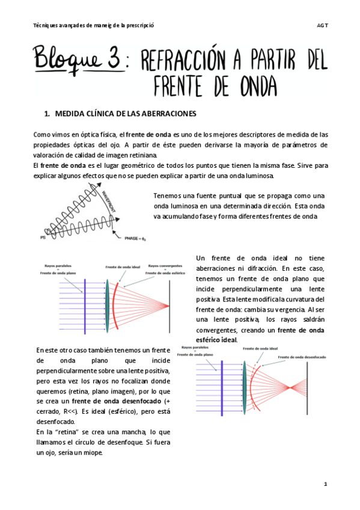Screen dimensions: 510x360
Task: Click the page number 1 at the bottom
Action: click(x=325, y=484)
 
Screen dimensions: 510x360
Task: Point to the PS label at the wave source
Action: click(x=42, y=237)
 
